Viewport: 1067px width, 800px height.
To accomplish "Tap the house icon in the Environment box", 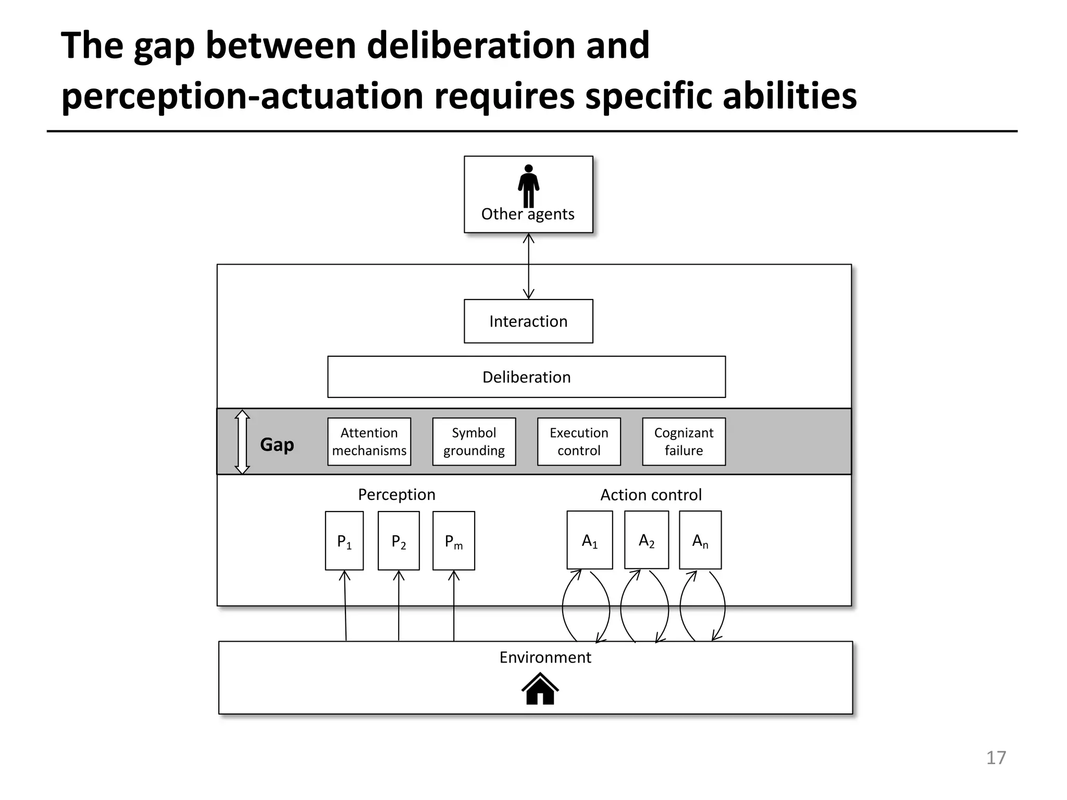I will pos(540,689).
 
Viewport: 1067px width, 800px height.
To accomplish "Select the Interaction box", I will pos(528,321).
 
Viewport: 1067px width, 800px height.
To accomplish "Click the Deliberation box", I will pos(526,377).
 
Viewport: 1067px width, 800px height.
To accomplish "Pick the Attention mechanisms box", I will pos(369,442).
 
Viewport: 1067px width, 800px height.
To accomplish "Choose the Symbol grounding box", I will pos(474,442).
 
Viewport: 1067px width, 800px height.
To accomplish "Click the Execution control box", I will pos(579,442).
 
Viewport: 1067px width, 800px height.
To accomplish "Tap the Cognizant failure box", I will pos(684,442).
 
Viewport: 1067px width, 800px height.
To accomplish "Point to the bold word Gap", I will pos(277,445).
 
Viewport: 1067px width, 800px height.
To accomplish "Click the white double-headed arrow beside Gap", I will pos(242,442).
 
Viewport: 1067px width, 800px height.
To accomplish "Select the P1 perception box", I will pos(344,541).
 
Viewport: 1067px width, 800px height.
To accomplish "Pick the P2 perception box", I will pos(399,541).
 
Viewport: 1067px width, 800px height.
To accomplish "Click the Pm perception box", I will pos(454,541).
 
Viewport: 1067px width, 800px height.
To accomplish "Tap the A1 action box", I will pos(590,540).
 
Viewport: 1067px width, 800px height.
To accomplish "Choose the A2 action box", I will pos(647,540).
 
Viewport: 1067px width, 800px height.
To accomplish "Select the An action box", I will pos(700,540).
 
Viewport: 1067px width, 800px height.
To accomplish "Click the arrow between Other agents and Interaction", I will pos(528,266).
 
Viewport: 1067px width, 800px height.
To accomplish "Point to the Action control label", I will pos(651,495).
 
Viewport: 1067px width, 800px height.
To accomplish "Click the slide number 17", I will pos(996,758).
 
